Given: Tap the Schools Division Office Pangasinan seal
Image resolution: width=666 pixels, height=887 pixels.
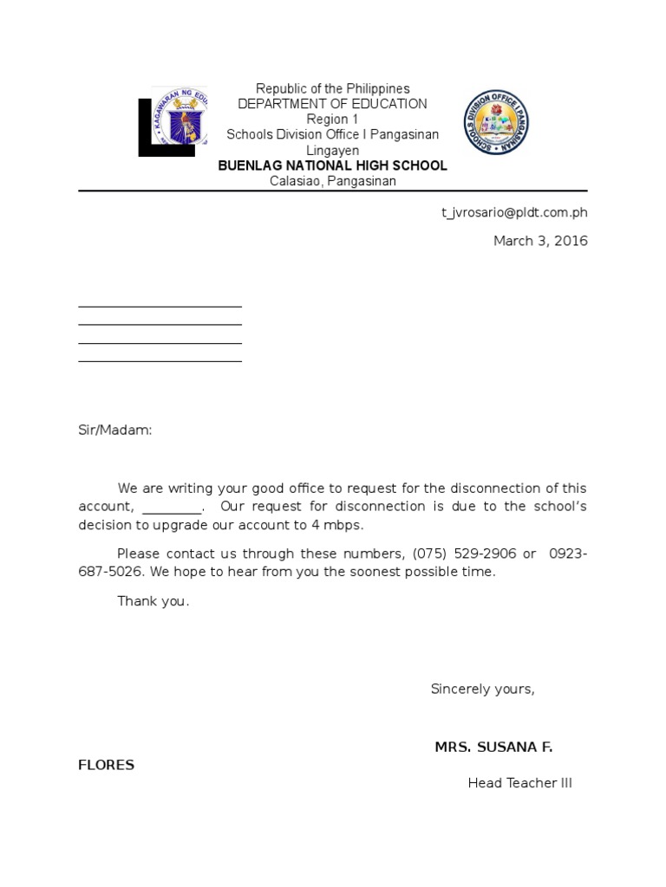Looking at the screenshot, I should [x=495, y=122].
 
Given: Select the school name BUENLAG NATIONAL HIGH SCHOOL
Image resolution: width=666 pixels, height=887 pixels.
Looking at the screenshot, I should [x=332, y=165].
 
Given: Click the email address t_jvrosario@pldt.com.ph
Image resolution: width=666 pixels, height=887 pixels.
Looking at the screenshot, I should [x=514, y=212].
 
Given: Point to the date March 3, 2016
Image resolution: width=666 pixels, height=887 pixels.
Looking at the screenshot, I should [x=540, y=241].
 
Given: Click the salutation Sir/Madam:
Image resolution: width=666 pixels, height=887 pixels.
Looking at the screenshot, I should [x=115, y=430].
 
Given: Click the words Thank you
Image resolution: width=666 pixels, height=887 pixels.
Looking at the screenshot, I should [x=153, y=601].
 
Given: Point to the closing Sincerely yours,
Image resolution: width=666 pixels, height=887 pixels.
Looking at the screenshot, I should [x=483, y=689].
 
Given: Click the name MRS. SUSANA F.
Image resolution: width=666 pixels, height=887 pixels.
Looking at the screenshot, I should [x=493, y=747].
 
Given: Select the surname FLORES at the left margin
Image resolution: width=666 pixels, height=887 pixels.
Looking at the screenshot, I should [x=106, y=765].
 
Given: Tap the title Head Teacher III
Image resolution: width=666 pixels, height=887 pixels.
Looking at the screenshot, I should [x=519, y=783].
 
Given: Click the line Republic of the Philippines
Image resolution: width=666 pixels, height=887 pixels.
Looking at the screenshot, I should [x=332, y=88].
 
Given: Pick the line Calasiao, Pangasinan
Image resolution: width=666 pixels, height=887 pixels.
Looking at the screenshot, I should [x=332, y=181].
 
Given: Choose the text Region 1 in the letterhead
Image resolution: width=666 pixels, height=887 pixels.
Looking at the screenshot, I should [x=332, y=120].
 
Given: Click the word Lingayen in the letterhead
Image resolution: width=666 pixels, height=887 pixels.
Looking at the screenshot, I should [x=332, y=151].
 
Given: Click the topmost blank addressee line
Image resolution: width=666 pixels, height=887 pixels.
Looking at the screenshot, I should [x=160, y=305].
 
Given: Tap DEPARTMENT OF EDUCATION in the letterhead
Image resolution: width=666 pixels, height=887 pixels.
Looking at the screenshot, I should [x=332, y=104].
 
